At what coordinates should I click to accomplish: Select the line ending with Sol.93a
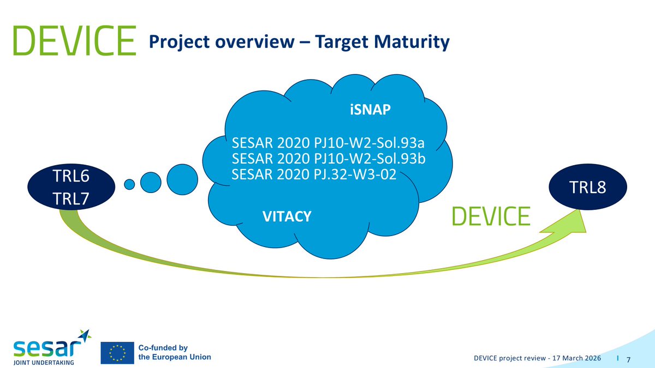[x=328, y=144]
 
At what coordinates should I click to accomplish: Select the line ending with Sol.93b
[x=328, y=160]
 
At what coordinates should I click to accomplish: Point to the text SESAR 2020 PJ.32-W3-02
[x=313, y=175]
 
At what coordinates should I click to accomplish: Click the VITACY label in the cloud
[x=287, y=217]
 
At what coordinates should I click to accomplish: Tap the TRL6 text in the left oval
[x=70, y=177]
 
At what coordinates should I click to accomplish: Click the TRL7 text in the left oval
[x=70, y=197]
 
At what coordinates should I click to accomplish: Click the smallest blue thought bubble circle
[x=129, y=184]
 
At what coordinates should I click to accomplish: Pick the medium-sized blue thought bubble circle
[x=151, y=180]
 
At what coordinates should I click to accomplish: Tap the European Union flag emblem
[x=117, y=353]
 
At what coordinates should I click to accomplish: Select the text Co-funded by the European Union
[x=174, y=352]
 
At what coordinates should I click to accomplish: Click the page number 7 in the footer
[x=629, y=359]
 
